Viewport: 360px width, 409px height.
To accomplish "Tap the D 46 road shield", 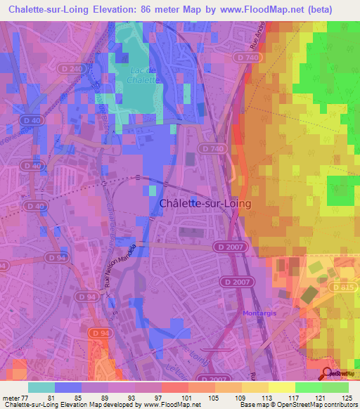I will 31,166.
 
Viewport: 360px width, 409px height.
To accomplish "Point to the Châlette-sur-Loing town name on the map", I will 205,203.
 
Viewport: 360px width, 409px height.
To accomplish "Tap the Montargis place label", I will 260,313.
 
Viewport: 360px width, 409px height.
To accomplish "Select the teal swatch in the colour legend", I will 41,387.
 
